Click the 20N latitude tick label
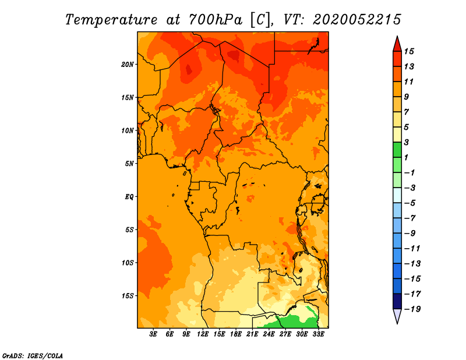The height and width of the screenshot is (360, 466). coord(128,65)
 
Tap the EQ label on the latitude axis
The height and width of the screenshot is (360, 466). coord(129,197)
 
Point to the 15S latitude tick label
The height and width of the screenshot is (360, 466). coord(128,296)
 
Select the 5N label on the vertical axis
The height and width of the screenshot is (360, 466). coord(129,164)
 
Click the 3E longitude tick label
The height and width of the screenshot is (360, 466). coord(153,334)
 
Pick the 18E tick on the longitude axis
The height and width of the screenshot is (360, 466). coord(236,334)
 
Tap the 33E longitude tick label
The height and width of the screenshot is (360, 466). coord(318,334)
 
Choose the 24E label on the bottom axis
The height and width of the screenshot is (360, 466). coord(269,334)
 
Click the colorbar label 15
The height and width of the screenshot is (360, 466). coord(409,51)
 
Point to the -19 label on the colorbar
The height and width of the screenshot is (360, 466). coord(412,309)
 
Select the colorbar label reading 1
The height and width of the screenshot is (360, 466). coord(406,157)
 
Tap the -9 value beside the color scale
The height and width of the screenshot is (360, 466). coord(410,234)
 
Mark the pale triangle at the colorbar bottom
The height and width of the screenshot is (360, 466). coord(397,315)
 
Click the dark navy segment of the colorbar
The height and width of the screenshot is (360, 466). coord(397,301)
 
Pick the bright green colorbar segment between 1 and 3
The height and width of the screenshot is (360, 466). coord(397,150)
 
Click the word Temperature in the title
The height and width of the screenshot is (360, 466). coord(111,20)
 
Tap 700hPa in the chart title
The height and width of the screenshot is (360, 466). coord(215,20)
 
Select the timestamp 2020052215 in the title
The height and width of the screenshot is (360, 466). coord(357,20)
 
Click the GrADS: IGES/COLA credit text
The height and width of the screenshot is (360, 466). coord(33,356)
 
